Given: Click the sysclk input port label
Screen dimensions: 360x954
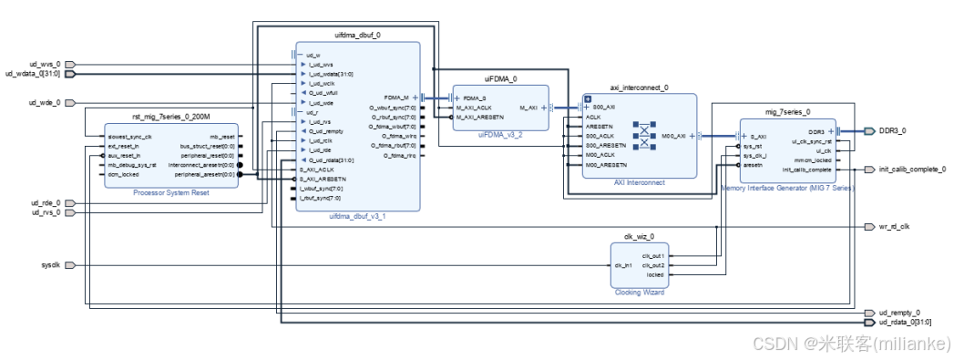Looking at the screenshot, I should (x=49, y=265).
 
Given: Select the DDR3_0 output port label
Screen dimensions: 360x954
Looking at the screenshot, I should (x=891, y=131).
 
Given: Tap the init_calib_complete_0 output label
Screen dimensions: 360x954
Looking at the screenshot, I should (x=911, y=170).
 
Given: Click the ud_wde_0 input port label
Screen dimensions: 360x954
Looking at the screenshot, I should (x=45, y=103).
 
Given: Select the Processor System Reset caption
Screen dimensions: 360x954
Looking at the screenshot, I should (x=171, y=192).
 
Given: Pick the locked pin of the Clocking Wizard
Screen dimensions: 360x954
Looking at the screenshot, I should (x=654, y=274).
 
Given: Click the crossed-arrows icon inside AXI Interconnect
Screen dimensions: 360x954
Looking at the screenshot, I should (x=645, y=137).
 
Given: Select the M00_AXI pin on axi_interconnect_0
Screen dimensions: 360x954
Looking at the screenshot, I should (x=675, y=137).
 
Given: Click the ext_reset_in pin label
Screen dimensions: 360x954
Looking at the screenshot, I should (x=125, y=146).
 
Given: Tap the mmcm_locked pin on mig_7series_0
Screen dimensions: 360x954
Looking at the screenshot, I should (x=813, y=161).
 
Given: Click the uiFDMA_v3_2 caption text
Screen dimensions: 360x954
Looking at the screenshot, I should (x=500, y=134).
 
